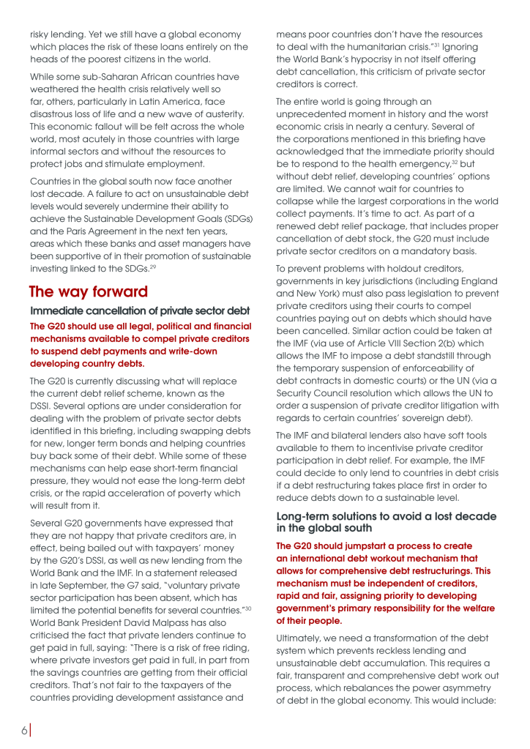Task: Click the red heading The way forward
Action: pyautogui.click(x=89, y=291)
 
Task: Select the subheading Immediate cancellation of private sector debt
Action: pyautogui.click(x=140, y=312)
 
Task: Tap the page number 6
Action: pyautogui.click(x=24, y=730)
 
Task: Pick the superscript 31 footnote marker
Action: pyautogui.click(x=438, y=46)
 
